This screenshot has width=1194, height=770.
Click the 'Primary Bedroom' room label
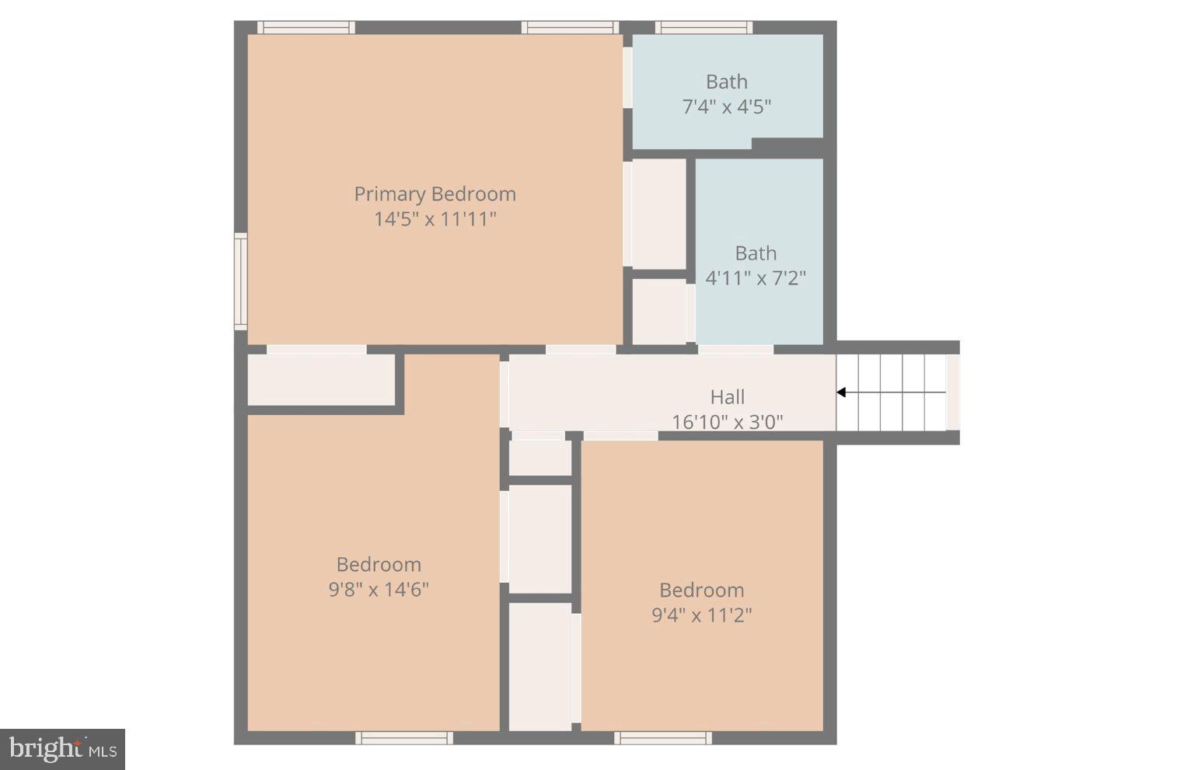tap(435, 193)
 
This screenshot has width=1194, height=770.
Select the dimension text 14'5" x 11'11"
tap(435, 219)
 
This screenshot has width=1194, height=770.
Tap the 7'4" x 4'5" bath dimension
tap(726, 107)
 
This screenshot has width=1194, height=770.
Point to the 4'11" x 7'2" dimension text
tap(755, 278)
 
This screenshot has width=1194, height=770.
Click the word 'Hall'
tap(727, 397)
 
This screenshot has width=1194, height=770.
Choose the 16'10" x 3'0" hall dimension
tap(727, 422)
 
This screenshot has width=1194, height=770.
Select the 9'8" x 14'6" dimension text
tap(379, 590)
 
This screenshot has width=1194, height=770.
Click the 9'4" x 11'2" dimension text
tap(701, 615)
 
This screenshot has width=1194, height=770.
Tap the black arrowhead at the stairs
tap(841, 392)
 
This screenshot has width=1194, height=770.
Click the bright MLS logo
tap(63, 749)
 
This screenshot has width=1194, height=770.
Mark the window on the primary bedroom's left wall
tap(241, 281)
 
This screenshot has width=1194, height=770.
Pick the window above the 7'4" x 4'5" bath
tap(703, 28)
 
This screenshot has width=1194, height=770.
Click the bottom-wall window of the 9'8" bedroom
tap(404, 738)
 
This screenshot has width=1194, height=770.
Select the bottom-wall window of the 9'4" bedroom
tap(662, 738)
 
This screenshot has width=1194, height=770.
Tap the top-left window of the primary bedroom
tap(305, 28)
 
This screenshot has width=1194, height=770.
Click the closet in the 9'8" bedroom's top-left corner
tap(321, 380)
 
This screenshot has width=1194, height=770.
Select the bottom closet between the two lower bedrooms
tap(540, 667)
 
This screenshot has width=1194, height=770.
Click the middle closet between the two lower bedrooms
tap(540, 539)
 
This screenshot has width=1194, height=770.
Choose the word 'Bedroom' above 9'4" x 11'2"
tap(701, 591)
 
